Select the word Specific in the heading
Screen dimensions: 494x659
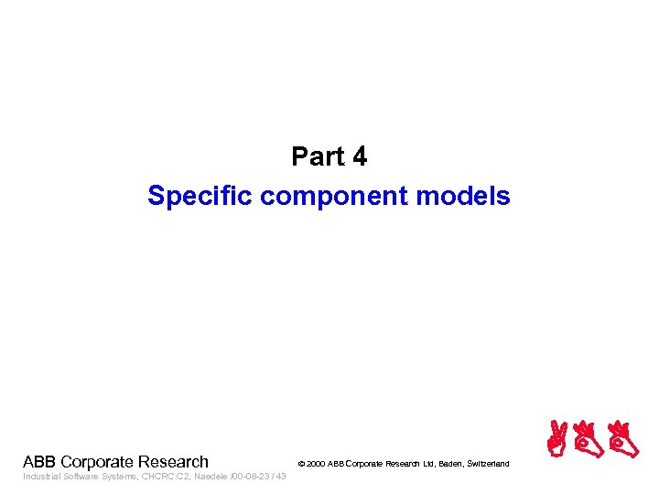pos(200,197)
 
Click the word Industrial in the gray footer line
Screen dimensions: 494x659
pos(39,477)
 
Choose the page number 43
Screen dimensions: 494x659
pos(280,477)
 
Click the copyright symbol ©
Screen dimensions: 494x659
pos(301,465)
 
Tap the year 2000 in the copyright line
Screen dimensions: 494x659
pos(316,465)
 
